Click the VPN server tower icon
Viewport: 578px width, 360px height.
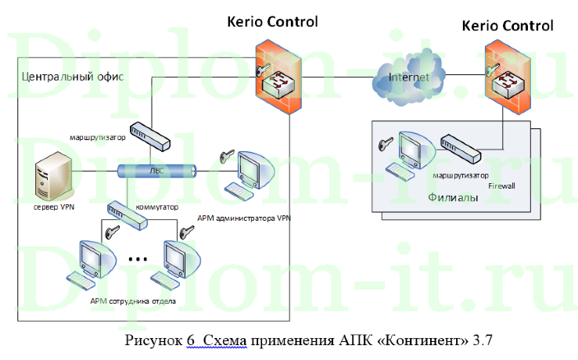click(x=54, y=176)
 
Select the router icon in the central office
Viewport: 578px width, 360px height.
click(x=150, y=135)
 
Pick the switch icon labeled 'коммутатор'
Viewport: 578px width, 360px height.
click(x=127, y=213)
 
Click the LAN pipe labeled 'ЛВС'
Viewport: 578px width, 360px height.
click(x=156, y=171)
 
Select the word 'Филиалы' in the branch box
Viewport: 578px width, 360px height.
click(x=451, y=198)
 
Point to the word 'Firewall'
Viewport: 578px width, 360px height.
click(x=502, y=186)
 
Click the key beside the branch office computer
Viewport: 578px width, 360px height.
click(x=384, y=145)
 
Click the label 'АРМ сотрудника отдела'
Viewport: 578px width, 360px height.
click(x=127, y=300)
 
